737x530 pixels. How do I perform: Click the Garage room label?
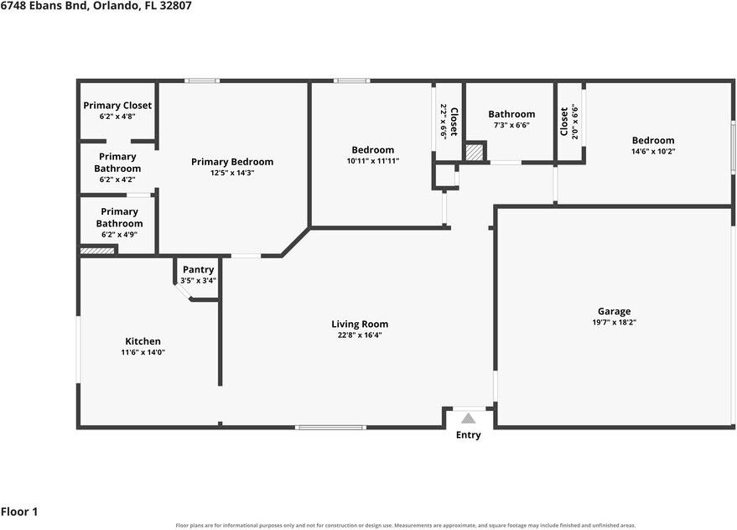point(614,311)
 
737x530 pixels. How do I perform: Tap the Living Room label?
point(360,324)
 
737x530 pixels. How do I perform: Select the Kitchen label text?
point(143,341)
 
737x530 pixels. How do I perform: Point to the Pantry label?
point(199,269)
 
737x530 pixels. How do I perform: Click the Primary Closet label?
point(117,106)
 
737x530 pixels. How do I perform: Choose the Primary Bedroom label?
point(232,162)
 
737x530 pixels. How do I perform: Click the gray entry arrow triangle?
point(468,418)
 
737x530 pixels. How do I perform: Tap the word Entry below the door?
point(468,435)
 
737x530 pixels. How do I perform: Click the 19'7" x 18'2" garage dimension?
point(615,323)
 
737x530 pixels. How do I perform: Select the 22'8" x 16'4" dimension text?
point(360,335)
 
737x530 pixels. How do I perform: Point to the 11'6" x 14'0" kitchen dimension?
point(143,352)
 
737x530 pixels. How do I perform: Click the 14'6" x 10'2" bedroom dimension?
point(653,152)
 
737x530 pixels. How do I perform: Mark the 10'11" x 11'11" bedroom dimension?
point(373,161)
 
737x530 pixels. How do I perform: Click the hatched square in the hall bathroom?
point(474,153)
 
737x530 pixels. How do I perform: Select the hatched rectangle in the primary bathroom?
point(97,251)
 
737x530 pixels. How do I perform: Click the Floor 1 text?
point(19,512)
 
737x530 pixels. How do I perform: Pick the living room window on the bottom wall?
point(330,427)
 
